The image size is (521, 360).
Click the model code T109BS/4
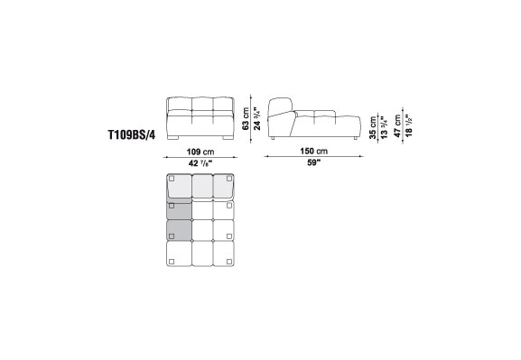pos(132,134)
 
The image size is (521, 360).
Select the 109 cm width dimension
pos(200,152)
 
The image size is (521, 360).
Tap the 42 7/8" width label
pos(200,163)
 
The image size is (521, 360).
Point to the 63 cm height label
pos(246,118)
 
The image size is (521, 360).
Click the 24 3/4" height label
pos(256,118)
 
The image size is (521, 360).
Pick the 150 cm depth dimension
pos(314,151)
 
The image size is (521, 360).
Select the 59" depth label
pos(313,163)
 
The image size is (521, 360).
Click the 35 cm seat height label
pos(373,127)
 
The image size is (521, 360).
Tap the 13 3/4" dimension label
pos(384,127)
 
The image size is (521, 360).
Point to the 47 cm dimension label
pos(397,126)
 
